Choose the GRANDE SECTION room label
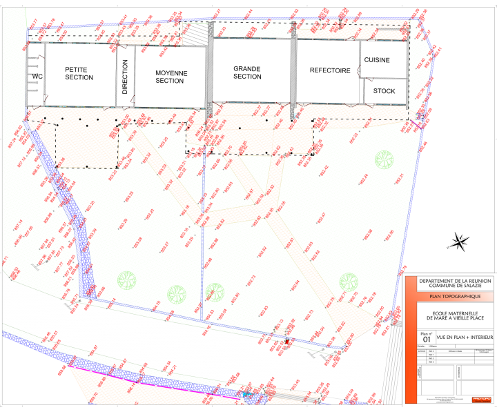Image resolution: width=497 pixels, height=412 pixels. tap(247, 72)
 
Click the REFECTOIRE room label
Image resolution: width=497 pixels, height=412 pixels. tap(330, 70)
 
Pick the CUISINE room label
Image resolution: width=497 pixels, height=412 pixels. tap(377, 60)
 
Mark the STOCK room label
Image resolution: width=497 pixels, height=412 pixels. tap(384, 90)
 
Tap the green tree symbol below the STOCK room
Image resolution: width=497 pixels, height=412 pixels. tap(384, 159)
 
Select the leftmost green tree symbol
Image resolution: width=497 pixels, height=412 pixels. tap(126, 280)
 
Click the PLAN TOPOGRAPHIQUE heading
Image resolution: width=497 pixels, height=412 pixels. tap(449, 297)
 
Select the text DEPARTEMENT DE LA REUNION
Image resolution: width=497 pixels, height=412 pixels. tap(449, 281)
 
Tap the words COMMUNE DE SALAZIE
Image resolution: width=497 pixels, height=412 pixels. tap(449, 286)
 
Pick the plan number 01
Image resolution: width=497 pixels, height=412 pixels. tap(426, 340)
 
